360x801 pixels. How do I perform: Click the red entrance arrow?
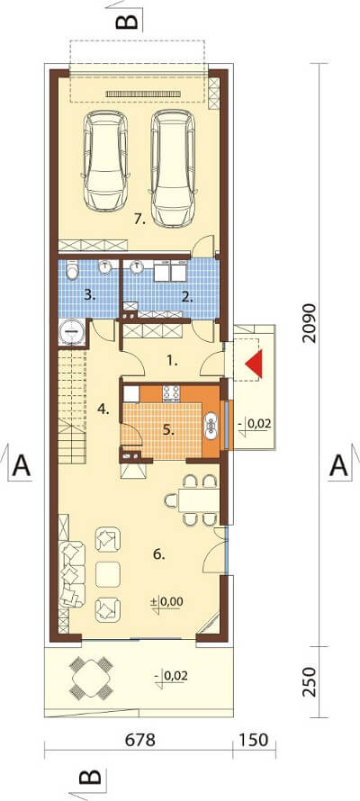pyautogui.click(x=255, y=364)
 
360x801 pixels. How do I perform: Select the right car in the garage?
pyautogui.click(x=173, y=168)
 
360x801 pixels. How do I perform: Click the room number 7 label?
pyautogui.click(x=139, y=220)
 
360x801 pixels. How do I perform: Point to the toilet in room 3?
pyautogui.click(x=73, y=271)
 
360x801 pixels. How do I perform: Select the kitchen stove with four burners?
pyautogui.click(x=171, y=392)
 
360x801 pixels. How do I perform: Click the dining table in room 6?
pyautogui.click(x=198, y=499)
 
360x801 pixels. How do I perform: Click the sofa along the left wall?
pyautogui.click(x=71, y=573)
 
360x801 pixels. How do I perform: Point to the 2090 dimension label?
pyautogui.click(x=309, y=325)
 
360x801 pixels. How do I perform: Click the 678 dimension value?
pyautogui.click(x=138, y=740)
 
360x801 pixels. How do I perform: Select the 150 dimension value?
pyautogui.click(x=253, y=740)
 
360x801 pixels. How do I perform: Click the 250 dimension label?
pyautogui.click(x=309, y=681)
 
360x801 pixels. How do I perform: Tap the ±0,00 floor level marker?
pyautogui.click(x=167, y=602)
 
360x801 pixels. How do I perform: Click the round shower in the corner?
pyautogui.click(x=71, y=331)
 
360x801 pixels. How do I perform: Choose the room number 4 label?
pyautogui.click(x=104, y=409)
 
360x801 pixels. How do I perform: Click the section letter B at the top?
pyautogui.click(x=127, y=21)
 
